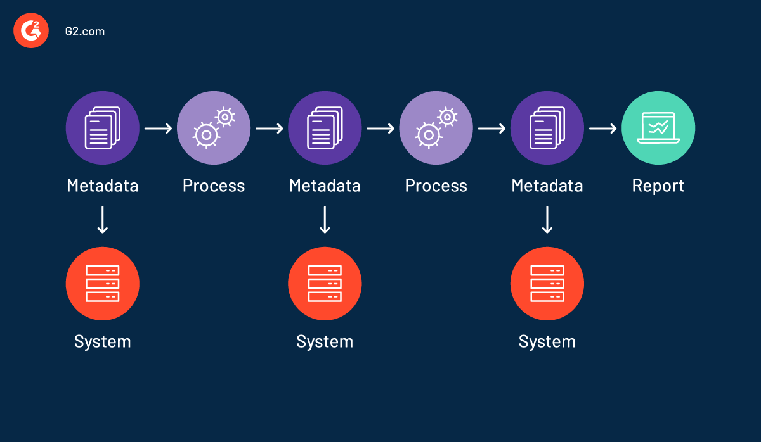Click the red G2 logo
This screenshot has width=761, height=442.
point(31,30)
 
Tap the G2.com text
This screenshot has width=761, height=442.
point(84,31)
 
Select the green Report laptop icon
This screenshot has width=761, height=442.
point(658,128)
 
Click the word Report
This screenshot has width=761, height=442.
point(658,186)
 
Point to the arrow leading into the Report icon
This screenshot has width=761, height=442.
point(602,129)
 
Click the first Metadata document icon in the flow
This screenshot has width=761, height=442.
point(103,128)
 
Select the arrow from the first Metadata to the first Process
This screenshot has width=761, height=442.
point(158,129)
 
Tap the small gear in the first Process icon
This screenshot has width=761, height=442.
point(225,117)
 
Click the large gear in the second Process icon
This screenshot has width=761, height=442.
point(428,135)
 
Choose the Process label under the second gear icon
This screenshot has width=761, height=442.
point(436,186)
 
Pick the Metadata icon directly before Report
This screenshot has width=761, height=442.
point(547,128)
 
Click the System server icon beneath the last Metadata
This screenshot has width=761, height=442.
point(547,284)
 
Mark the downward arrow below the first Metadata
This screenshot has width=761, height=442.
point(103,220)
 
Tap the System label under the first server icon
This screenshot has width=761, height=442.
point(103,341)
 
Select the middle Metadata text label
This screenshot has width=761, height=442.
point(325,186)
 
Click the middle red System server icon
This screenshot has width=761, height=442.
point(325,284)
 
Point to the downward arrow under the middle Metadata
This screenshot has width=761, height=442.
point(325,220)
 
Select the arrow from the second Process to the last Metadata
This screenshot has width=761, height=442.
point(491,129)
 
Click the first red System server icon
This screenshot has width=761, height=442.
point(103,284)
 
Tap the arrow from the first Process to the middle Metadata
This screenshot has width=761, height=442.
point(269,129)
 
